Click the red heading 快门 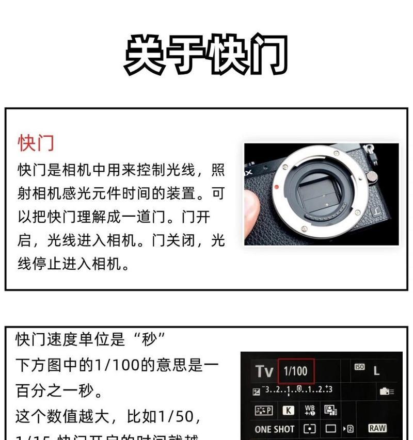click(x=36, y=143)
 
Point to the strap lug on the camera click(x=370, y=154)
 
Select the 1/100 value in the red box click(x=295, y=371)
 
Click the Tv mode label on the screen click(x=264, y=371)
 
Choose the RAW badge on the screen click(x=377, y=428)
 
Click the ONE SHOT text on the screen click(x=274, y=429)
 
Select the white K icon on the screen click(x=288, y=411)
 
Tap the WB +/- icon click(x=310, y=410)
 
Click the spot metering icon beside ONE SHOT click(x=310, y=429)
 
